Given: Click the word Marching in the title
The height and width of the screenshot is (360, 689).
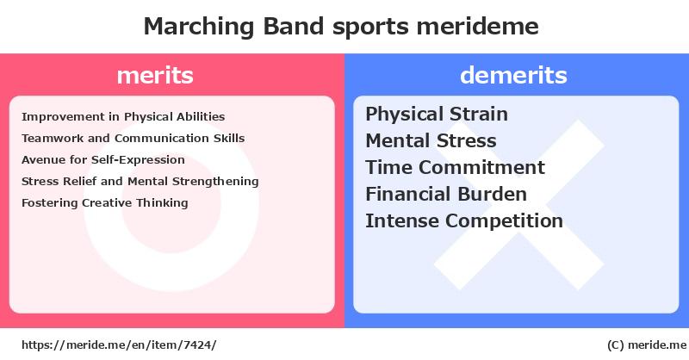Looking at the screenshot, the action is pos(199,27).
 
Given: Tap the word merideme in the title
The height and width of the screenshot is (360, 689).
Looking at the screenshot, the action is pos(477,26).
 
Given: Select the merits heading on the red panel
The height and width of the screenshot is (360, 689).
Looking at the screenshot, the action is pos(155,75).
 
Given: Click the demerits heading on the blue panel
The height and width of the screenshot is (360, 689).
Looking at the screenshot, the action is pos(513,75).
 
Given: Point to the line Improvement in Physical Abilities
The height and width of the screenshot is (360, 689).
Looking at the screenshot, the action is pos(123,117).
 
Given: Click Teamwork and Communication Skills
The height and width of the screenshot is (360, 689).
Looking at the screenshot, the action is pos(133,139).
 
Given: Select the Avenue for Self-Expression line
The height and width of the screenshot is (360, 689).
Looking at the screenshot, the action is pos(103,160).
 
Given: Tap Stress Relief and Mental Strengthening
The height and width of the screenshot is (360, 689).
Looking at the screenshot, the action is pos(140,182).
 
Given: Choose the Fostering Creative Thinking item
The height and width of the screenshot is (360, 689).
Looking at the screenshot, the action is pos(104,203).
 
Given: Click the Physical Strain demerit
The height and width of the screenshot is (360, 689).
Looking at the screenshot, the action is pos(437,115).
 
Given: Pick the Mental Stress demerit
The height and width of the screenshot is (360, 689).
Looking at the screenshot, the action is pos(431,141).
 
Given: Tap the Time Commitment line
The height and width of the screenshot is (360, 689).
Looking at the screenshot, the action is pos(456,167).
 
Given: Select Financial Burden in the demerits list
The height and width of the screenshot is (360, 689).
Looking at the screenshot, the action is pos(446,195).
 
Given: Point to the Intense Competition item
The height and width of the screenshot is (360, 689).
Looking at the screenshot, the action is pos(464,221).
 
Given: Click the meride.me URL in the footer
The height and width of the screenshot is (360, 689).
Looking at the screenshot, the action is pos(119,345).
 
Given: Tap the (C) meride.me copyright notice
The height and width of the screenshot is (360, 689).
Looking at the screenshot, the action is pos(647,345).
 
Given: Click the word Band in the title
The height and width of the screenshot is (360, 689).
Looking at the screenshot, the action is pos(294,26).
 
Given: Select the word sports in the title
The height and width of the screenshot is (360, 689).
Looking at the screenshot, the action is pos(370,28).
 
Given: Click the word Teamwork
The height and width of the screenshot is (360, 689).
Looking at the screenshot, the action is pos(53,139).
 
